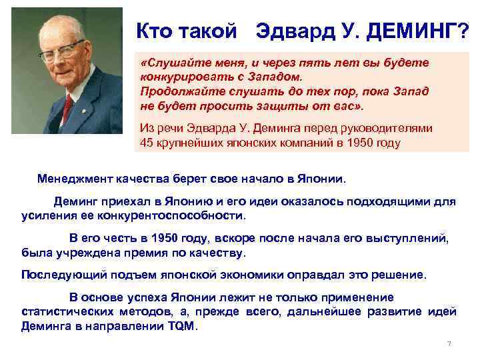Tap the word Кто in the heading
pos(153,29)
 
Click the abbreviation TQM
pos(179,327)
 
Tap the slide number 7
pos(449,344)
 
